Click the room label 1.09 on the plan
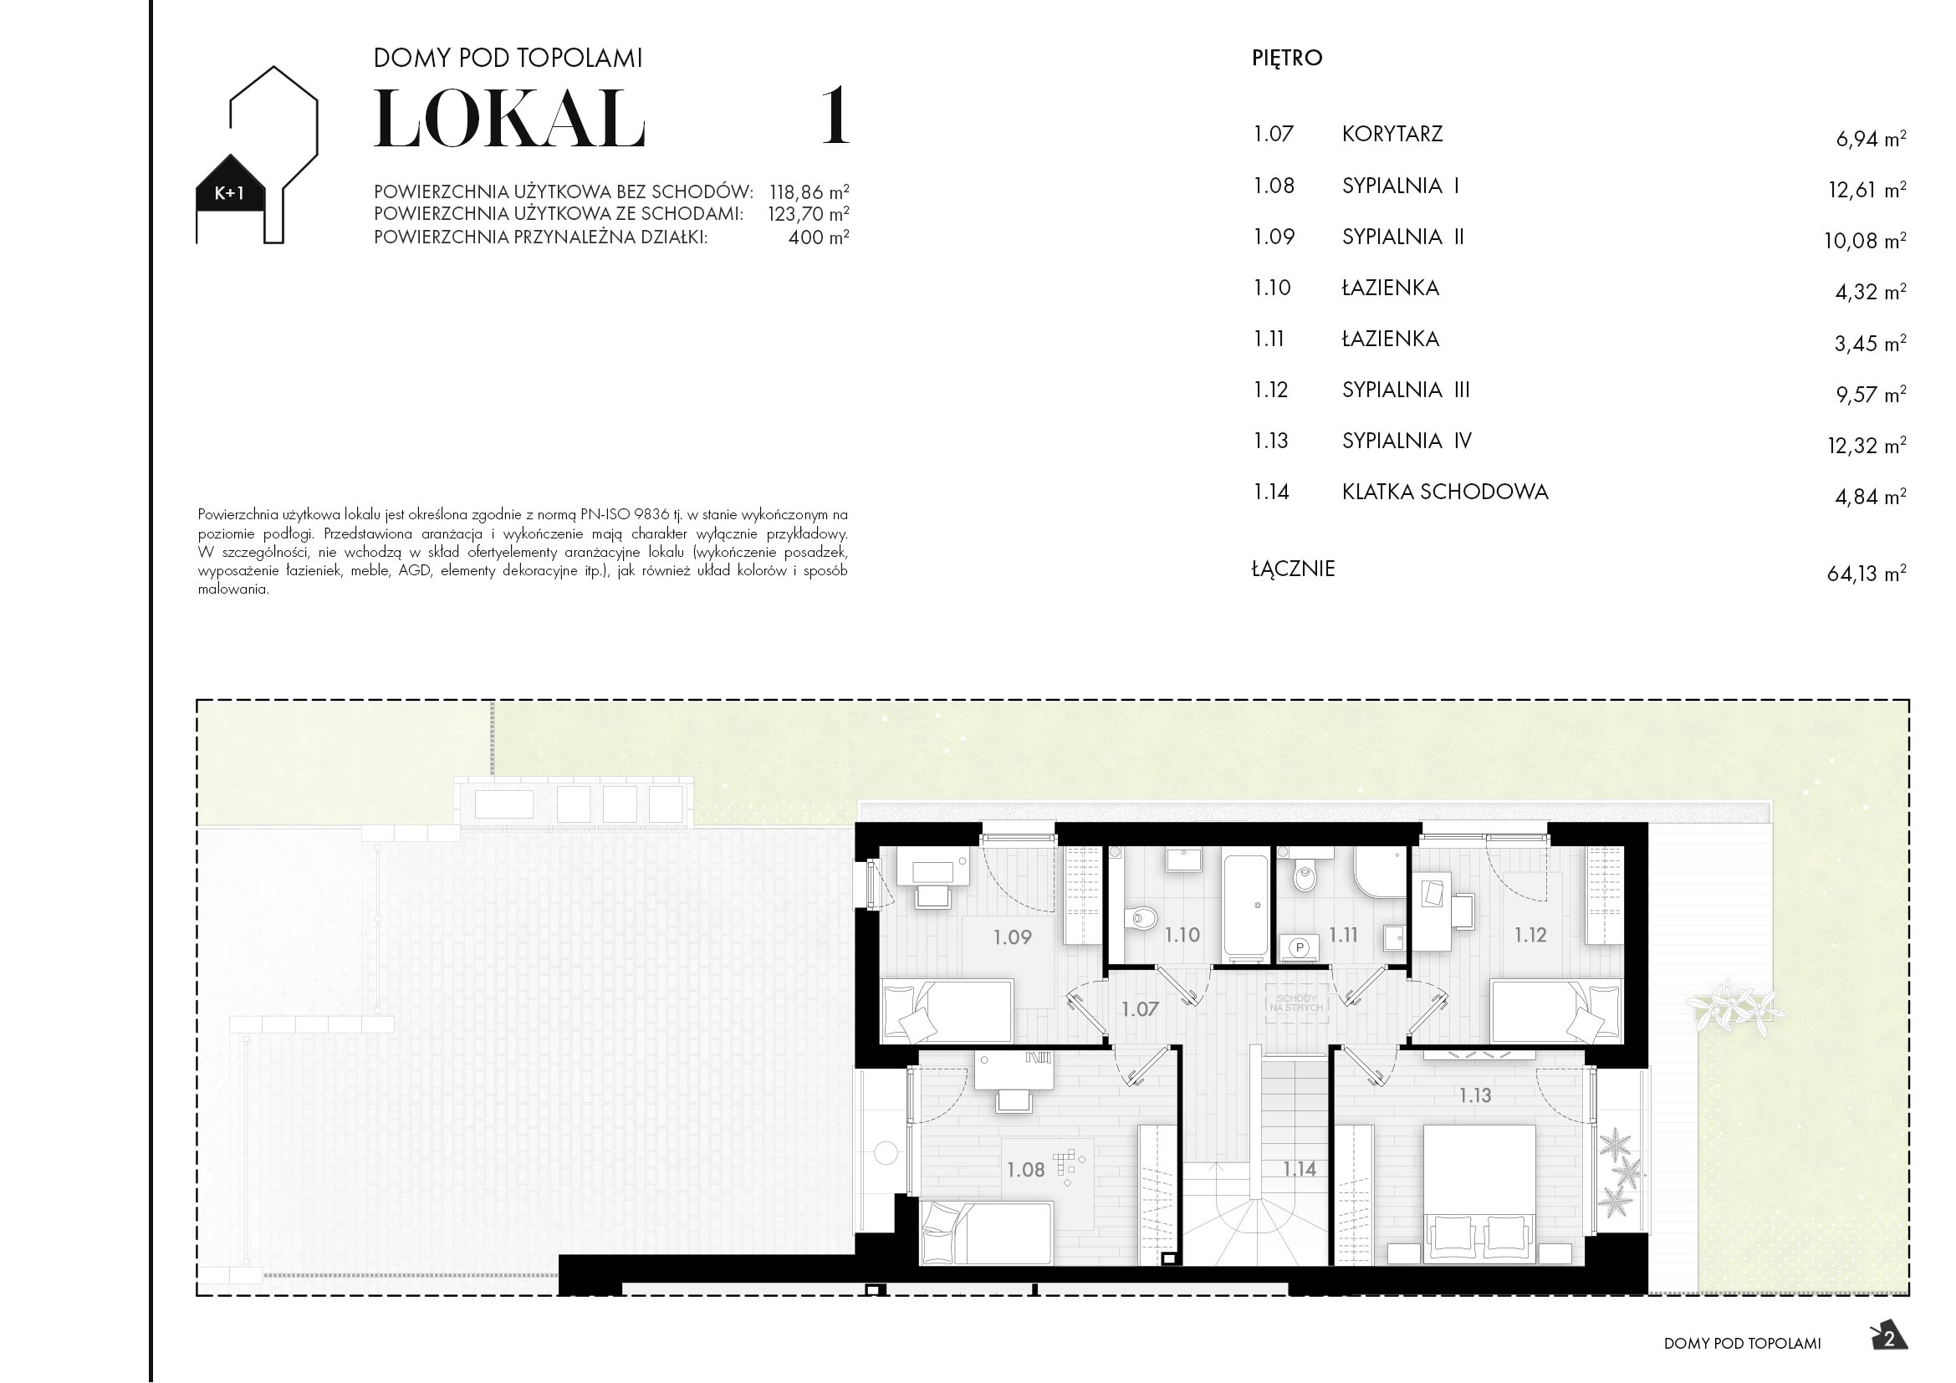[1012, 937]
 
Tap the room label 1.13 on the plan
[1474, 1095]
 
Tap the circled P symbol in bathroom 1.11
[1300, 947]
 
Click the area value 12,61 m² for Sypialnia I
[1866, 190]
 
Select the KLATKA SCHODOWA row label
[1444, 492]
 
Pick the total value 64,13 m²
[1865, 573]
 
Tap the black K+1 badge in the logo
[229, 192]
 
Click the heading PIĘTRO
[1286, 58]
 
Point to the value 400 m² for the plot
[818, 237]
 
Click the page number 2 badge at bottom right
[1889, 1339]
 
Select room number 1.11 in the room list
[1269, 339]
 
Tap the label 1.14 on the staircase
[1300, 1169]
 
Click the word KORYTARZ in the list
[1392, 135]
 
